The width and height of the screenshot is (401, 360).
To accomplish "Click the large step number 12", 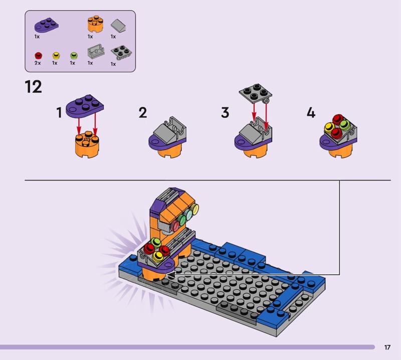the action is point(33,87).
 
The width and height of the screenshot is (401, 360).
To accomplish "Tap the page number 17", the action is point(387,347).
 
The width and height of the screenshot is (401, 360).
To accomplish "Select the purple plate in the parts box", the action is point(46,26).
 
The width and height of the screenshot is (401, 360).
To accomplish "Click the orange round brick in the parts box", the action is point(95,24).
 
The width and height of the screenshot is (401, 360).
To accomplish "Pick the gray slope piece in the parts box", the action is point(118,26).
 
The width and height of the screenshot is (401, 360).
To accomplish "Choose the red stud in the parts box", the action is point(38,56).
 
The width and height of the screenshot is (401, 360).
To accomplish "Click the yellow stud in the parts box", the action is point(56,56).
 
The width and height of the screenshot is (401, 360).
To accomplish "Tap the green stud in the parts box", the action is point(74,56).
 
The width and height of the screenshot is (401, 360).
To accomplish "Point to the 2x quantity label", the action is point(38,63).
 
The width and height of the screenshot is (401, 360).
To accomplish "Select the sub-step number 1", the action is point(59,113).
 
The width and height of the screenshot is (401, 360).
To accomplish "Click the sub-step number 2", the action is point(143,113).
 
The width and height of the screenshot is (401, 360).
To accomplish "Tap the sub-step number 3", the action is point(225,113).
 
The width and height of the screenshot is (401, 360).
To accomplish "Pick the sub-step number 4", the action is point(311,113).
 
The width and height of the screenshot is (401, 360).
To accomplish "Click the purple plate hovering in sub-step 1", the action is point(85,106).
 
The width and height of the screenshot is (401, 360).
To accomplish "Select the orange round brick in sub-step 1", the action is point(87,144).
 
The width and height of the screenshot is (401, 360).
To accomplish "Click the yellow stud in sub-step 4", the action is point(329,127).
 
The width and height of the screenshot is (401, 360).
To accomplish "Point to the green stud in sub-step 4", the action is point(344,125).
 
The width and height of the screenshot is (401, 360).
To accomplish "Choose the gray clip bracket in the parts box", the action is point(96,52).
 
